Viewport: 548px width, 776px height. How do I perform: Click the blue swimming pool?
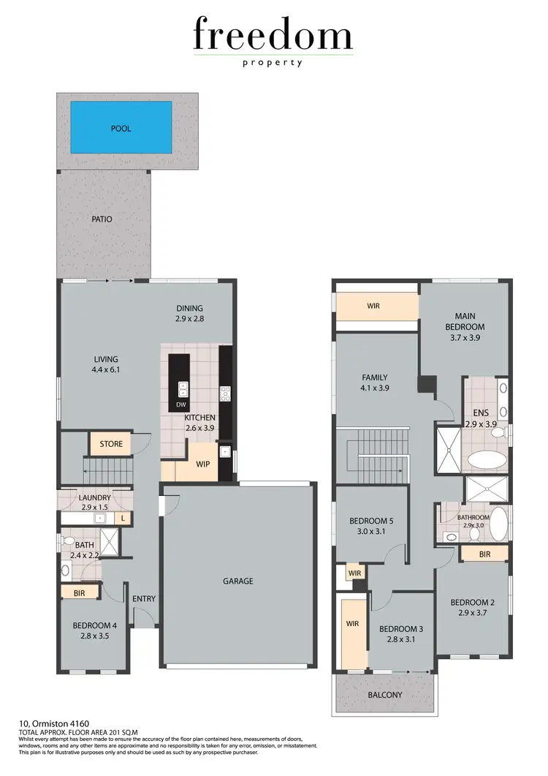(121, 127)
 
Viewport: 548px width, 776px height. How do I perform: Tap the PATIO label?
(102, 218)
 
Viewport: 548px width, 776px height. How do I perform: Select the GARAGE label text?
(238, 581)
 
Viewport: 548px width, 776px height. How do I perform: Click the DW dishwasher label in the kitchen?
(180, 404)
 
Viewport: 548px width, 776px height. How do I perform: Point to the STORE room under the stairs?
(110, 444)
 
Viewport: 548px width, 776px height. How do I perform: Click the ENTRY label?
(144, 599)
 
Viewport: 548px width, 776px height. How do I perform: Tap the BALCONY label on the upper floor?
(384, 695)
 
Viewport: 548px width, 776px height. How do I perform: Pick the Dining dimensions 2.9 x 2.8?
(189, 320)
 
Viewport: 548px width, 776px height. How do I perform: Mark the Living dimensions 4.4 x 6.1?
(106, 370)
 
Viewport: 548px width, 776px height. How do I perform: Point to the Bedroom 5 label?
(371, 521)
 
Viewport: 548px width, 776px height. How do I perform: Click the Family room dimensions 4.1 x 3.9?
(375, 389)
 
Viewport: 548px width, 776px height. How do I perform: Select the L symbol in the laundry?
(123, 519)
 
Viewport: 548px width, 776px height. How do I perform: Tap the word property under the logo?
(273, 63)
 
